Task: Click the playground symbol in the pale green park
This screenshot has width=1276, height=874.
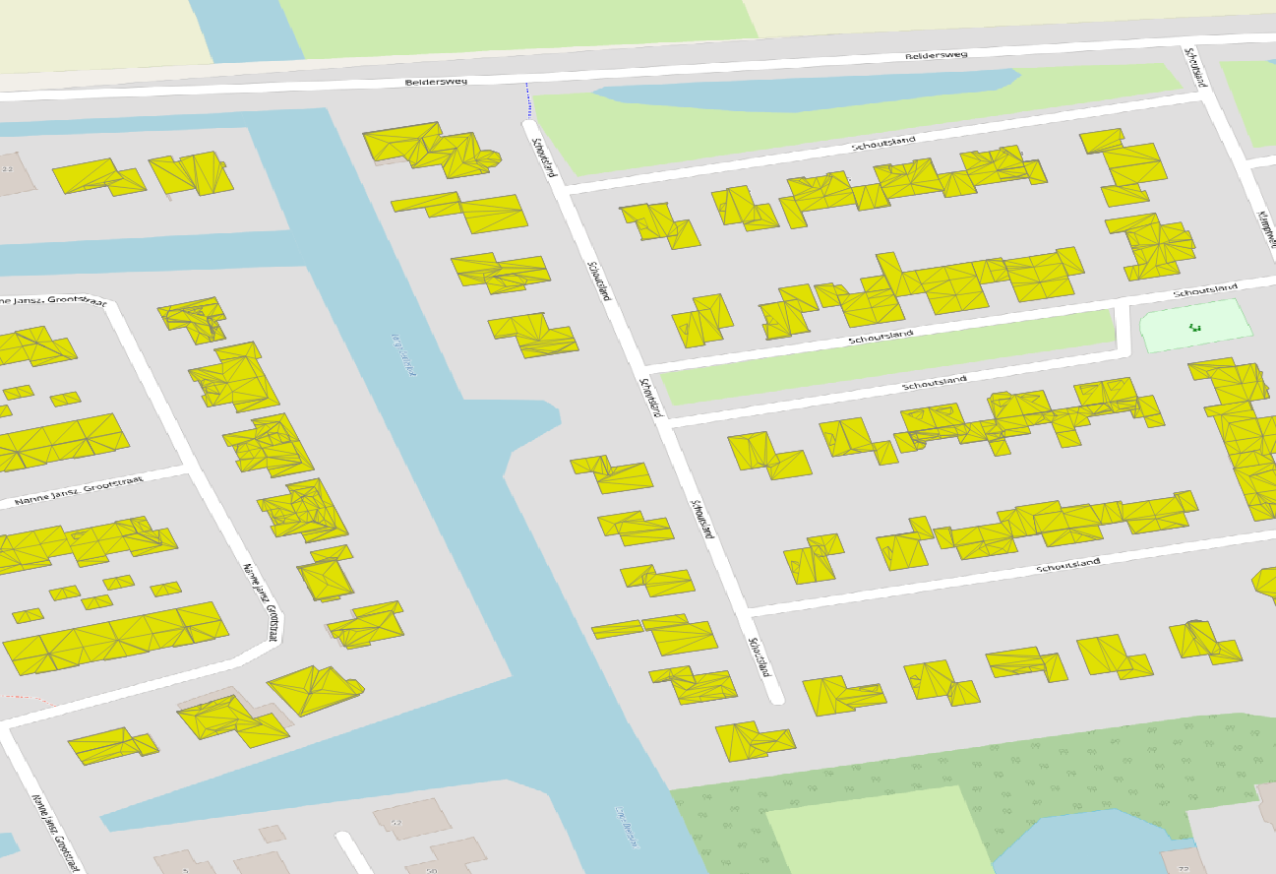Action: [x=1195, y=327]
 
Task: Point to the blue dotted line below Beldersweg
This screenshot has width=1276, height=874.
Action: [x=526, y=100]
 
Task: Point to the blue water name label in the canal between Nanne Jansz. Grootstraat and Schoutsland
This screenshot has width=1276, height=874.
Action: [x=404, y=354]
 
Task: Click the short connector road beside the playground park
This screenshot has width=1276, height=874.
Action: [x=1123, y=330]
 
